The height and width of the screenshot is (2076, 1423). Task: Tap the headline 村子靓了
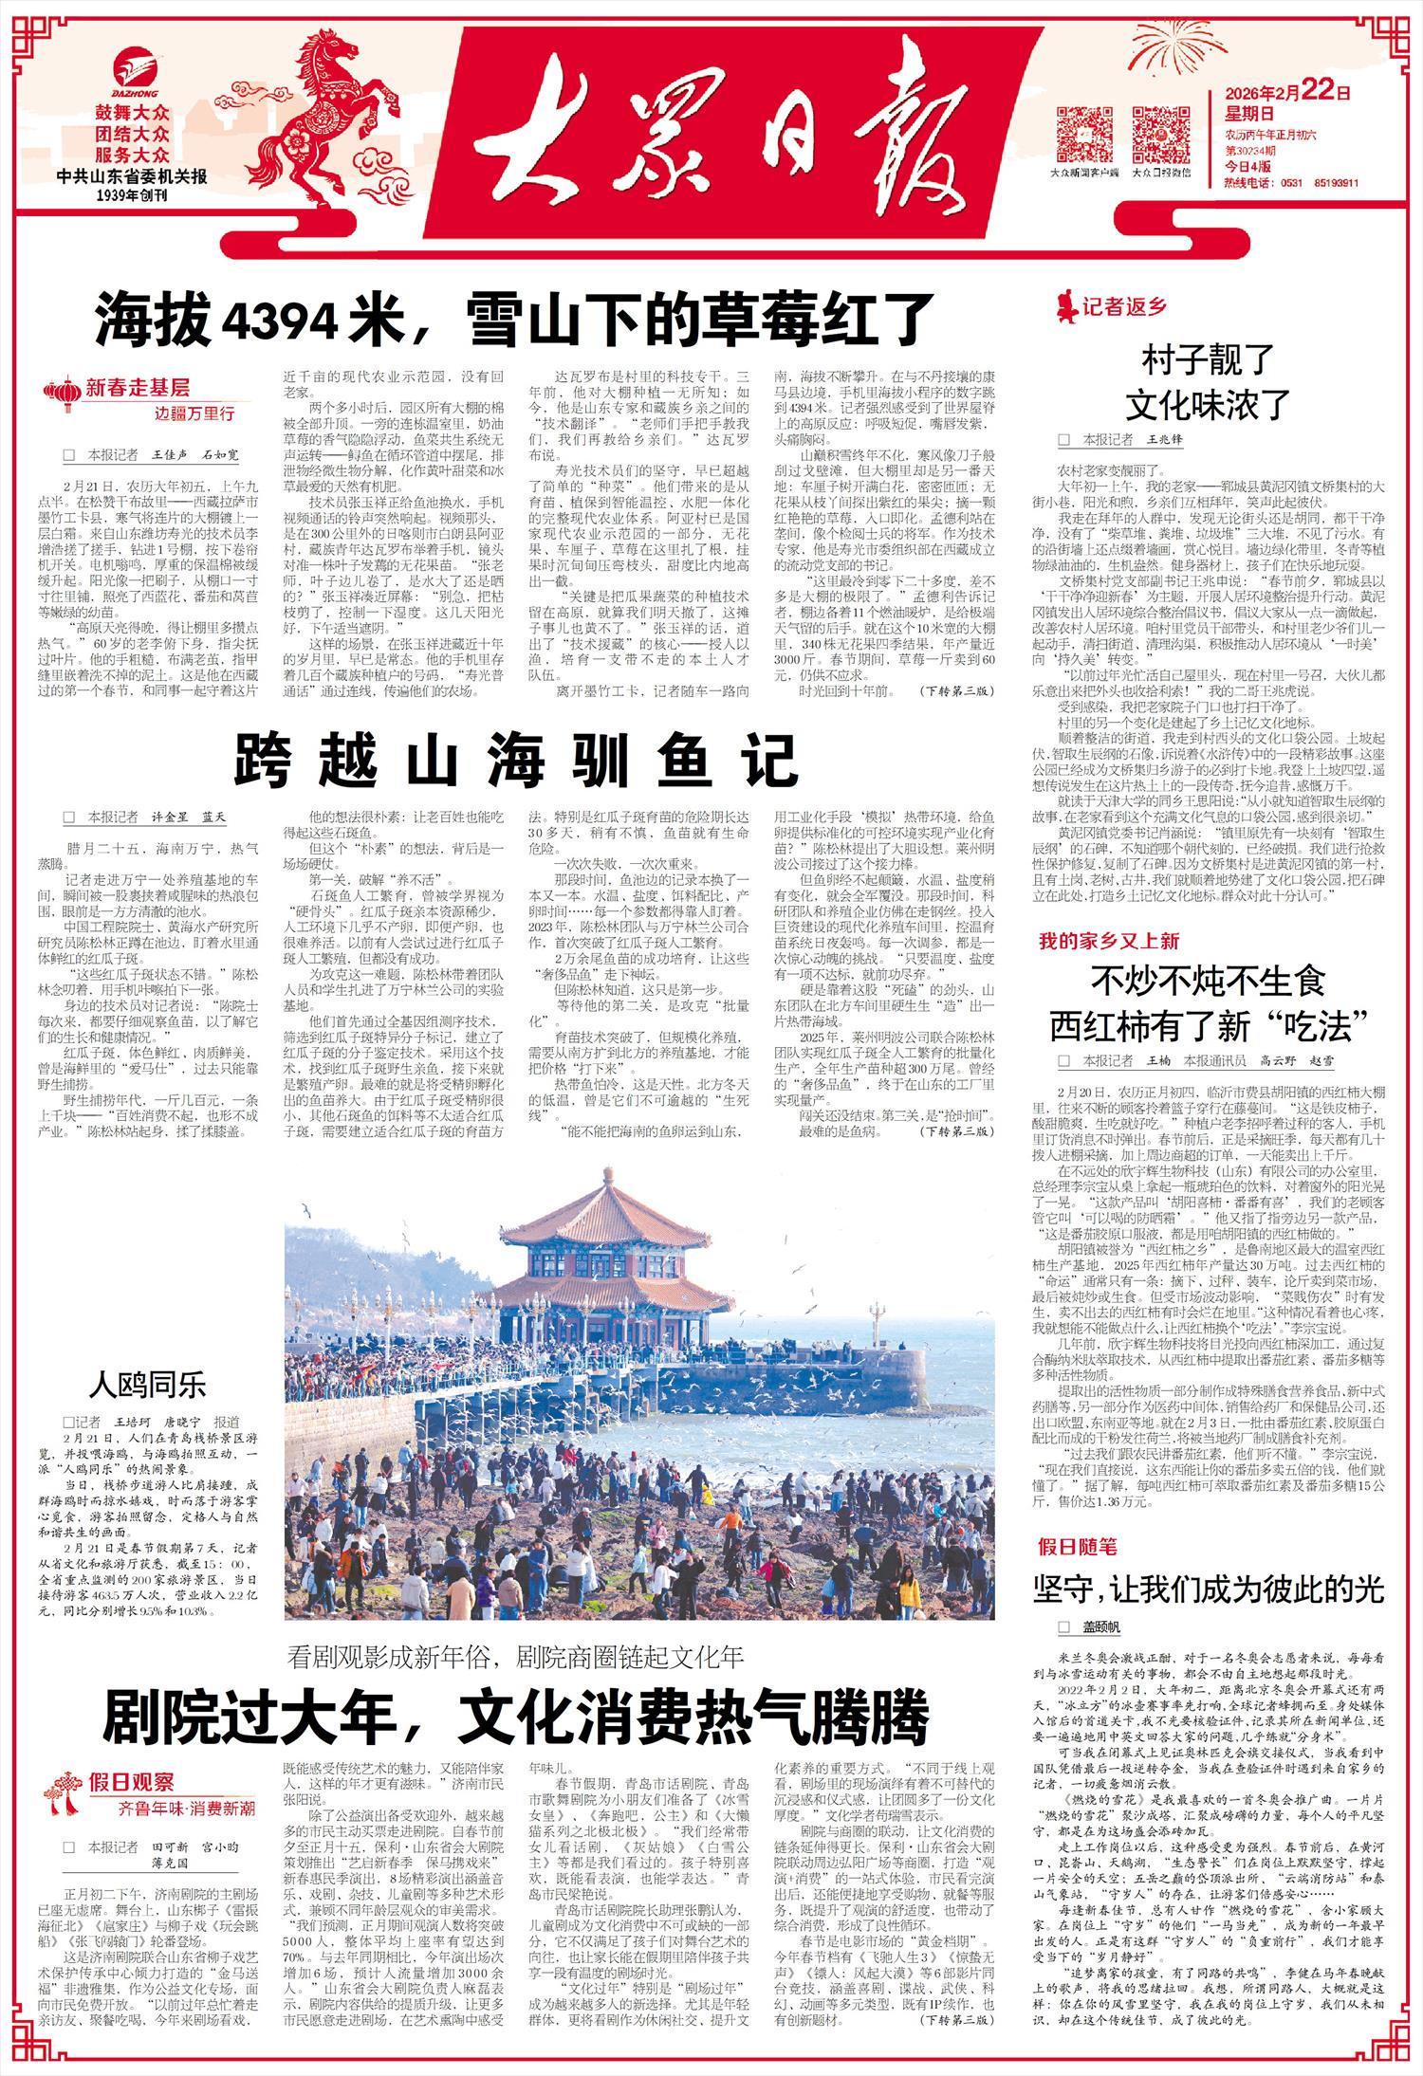[1208, 362]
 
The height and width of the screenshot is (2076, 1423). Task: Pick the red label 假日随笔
[1077, 1548]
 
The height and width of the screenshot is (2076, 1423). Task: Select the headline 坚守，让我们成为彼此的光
[1209, 1589]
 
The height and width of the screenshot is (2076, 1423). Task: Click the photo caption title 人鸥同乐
[147, 1385]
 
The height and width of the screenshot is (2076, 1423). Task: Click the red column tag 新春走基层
[138, 387]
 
